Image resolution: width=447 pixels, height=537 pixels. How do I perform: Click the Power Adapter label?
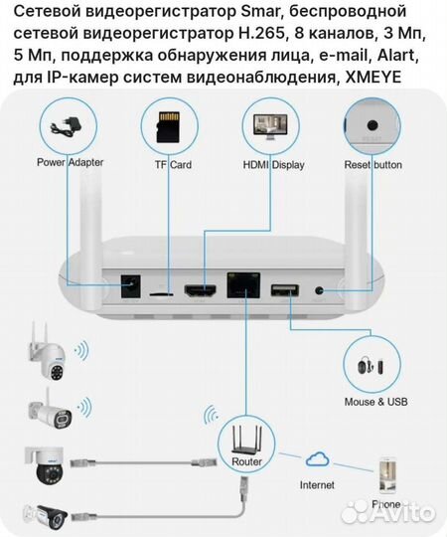[x=71, y=163]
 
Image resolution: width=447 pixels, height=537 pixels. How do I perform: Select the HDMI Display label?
[x=273, y=165]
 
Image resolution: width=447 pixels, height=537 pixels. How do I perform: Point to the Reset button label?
[x=372, y=164]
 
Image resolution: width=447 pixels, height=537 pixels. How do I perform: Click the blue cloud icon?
[x=319, y=458]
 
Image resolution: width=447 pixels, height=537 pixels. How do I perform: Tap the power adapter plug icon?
[x=70, y=126]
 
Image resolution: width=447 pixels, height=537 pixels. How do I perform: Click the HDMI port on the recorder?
[x=203, y=290]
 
